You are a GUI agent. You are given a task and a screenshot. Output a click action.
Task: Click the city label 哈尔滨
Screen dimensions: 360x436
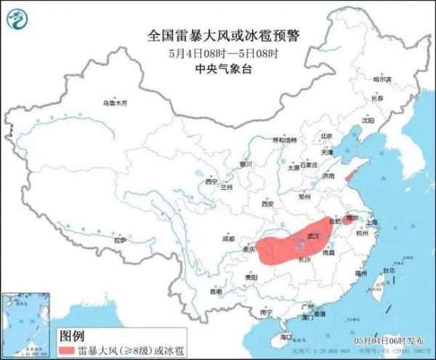(382, 79)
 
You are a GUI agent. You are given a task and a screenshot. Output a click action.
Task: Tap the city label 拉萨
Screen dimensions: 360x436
(121, 239)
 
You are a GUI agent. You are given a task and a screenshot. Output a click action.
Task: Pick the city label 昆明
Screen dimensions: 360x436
(216, 292)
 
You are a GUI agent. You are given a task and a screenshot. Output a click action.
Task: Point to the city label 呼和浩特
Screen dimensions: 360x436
(285, 140)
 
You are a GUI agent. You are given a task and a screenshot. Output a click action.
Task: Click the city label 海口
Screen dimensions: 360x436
(286, 337)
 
